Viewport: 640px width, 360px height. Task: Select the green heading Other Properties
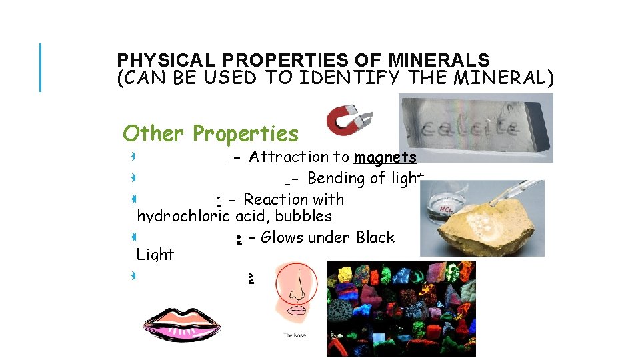(211, 133)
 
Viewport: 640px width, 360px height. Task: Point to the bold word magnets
(385, 157)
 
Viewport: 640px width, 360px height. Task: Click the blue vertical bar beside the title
(41, 67)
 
